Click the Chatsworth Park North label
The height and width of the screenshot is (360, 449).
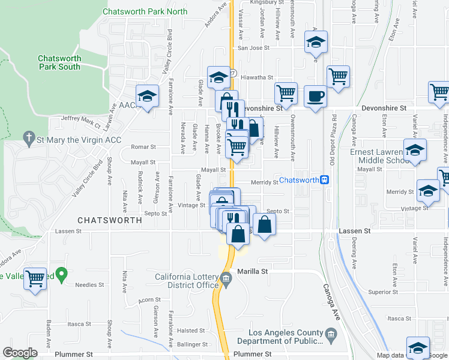point(145,11)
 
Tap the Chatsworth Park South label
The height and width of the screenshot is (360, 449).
point(59,62)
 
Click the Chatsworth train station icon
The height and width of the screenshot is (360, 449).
point(324,180)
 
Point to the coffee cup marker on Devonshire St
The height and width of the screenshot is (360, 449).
point(315,96)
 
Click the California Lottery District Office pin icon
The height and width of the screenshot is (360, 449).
point(226,278)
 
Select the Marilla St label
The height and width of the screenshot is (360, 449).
point(252,271)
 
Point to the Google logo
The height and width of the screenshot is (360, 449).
point(20,353)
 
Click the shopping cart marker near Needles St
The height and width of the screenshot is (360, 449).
point(35,278)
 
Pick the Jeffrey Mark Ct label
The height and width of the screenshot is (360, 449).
point(80,121)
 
